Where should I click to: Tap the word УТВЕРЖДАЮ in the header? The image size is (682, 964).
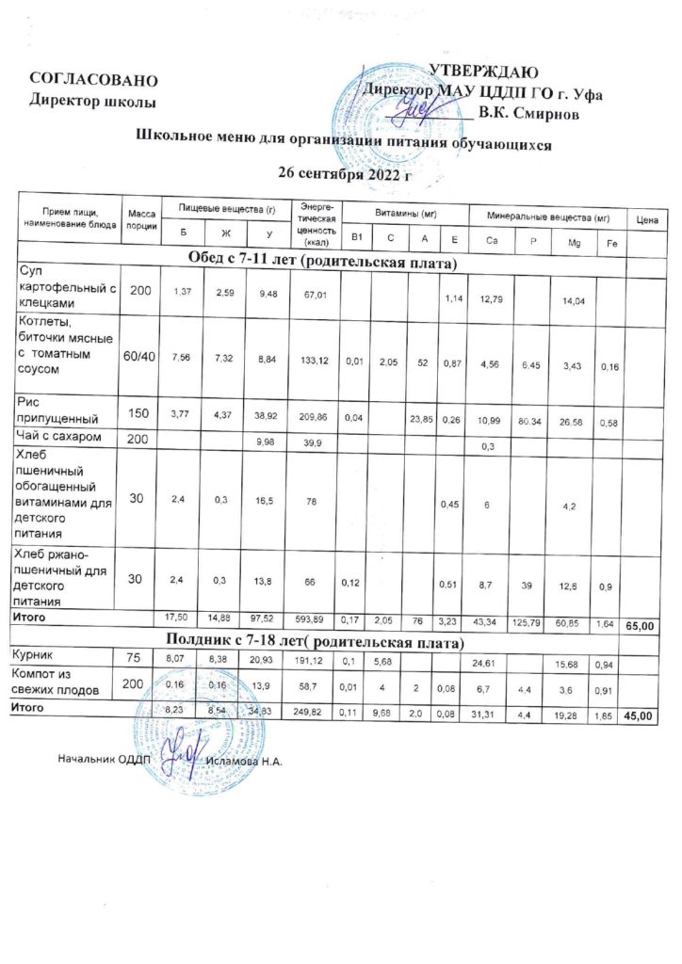point(483,72)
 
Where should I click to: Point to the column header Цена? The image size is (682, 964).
point(646,220)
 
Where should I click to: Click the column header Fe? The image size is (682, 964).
point(610,244)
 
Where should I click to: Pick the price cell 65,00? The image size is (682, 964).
point(645,625)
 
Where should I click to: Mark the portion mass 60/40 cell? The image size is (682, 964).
point(140,358)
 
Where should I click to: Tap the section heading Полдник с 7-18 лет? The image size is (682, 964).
point(320,643)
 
